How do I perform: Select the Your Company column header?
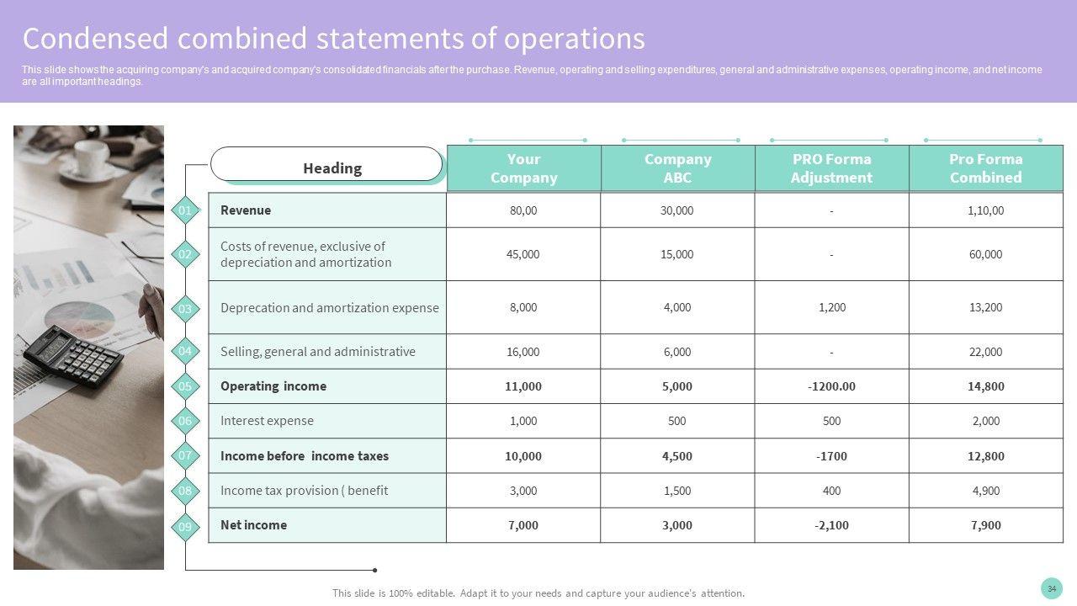523,168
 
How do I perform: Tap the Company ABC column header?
677,168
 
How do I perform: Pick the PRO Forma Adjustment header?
831,168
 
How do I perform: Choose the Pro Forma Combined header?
985,168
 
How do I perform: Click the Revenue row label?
246,210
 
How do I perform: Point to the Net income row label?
253,525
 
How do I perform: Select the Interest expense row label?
267,421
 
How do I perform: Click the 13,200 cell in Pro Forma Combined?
985,307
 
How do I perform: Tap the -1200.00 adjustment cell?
831,386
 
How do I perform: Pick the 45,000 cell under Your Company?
523,254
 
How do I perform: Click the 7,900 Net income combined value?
985,525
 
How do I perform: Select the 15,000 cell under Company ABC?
677,254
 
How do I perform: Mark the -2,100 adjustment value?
831,525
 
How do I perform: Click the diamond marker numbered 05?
185,387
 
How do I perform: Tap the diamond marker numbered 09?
185,528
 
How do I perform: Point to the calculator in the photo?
73,354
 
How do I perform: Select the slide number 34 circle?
1051,588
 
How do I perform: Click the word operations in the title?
574,39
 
